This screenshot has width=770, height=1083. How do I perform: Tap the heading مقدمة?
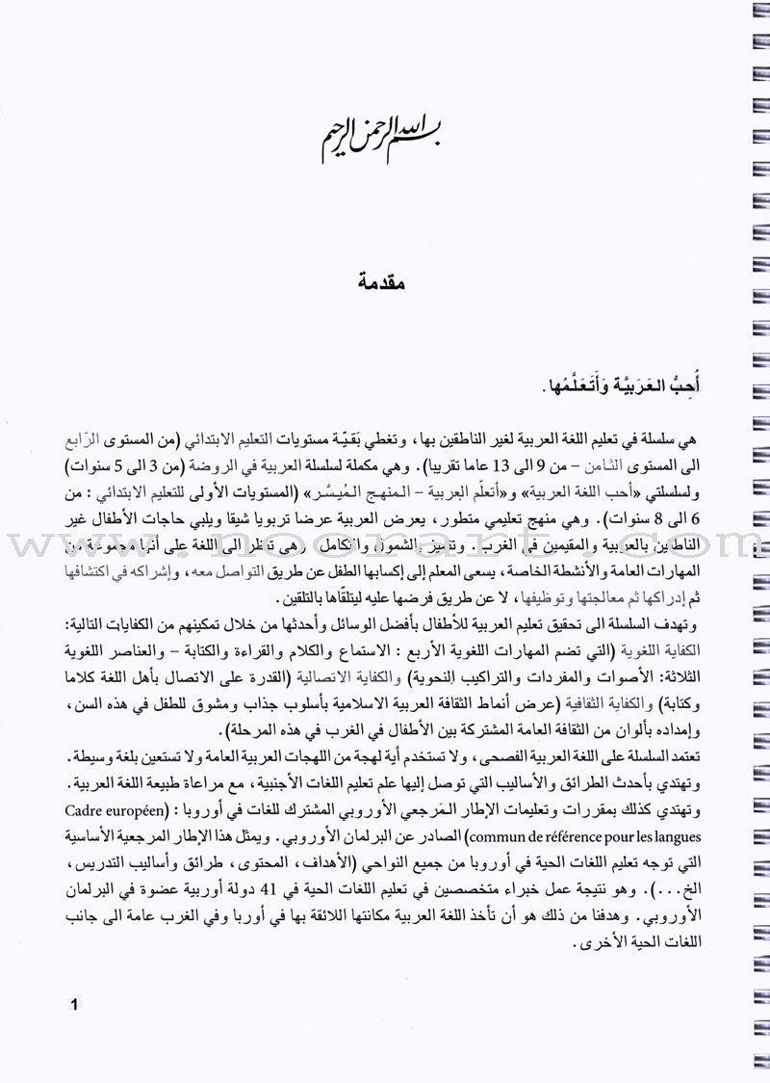(385, 282)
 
